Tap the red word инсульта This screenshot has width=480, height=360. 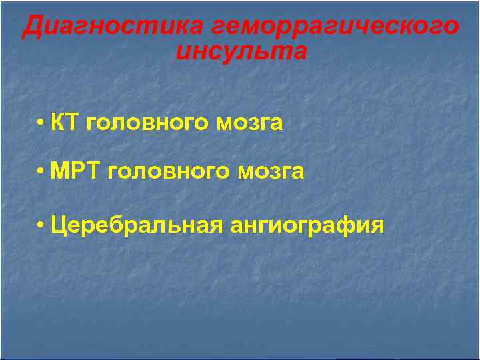point(241,51)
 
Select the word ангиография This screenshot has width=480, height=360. point(307,225)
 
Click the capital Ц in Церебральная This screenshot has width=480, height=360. point(58,225)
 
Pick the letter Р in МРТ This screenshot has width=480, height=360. point(75,172)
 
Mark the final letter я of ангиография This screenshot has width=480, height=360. point(378,225)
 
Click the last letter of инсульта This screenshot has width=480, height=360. point(300,51)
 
